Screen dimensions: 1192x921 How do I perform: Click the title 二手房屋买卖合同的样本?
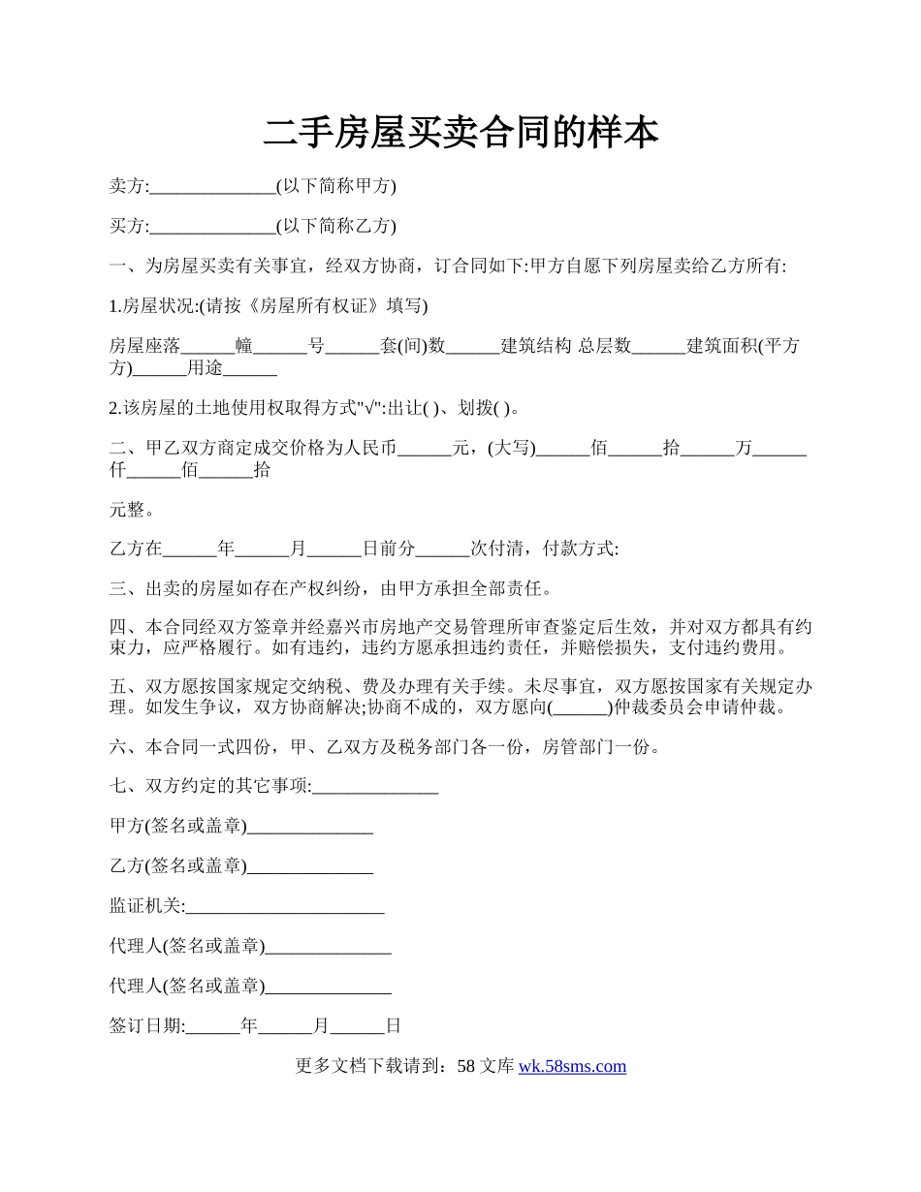click(x=460, y=134)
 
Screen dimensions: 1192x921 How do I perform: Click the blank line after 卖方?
click(x=213, y=187)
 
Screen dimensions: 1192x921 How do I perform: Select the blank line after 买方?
click(x=213, y=227)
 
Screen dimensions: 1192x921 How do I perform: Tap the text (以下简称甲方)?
click(x=336, y=186)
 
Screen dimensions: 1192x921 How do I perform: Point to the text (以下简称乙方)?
click(x=336, y=226)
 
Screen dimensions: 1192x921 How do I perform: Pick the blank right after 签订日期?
click(x=212, y=1025)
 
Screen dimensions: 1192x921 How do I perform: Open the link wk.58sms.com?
click(x=572, y=1066)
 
